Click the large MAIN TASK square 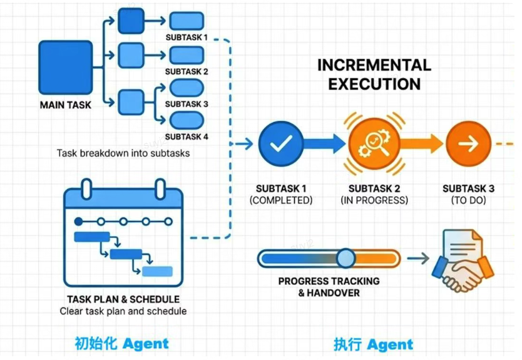click(x=66, y=68)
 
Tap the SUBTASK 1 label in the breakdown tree click(x=187, y=38)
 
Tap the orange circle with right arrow click(x=468, y=144)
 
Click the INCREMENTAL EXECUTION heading click(x=374, y=75)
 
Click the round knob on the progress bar click(x=345, y=258)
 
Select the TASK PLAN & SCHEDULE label click(x=123, y=299)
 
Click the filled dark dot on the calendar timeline click(x=78, y=221)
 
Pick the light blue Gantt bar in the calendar click(x=157, y=271)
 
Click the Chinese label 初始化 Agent click(x=121, y=343)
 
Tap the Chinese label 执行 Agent click(x=373, y=344)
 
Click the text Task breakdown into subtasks click(x=123, y=153)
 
